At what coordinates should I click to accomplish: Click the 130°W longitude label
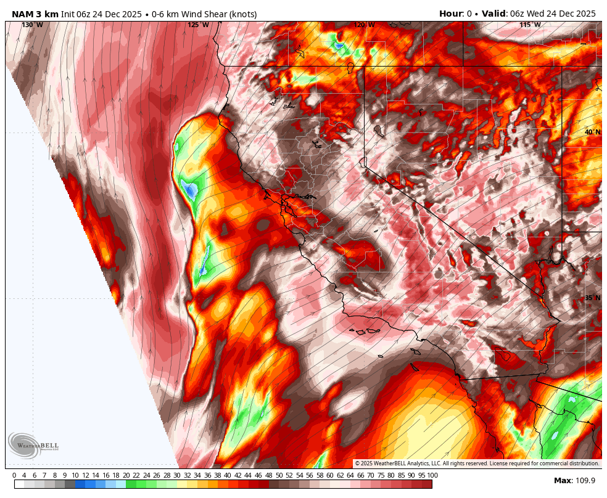pos(32,25)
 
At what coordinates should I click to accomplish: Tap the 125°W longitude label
pos(198,25)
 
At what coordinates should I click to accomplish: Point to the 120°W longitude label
pos(364,25)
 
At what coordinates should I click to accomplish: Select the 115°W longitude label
pos(530,25)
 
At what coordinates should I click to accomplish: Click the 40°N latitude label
pos(592,132)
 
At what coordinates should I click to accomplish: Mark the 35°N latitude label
pos(592,298)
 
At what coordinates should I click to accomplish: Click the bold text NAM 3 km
pos(35,14)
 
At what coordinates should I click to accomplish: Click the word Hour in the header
pos(451,14)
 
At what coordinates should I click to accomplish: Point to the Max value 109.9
pos(584,481)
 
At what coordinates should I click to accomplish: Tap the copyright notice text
pos(476,463)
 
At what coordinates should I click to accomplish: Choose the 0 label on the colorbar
pos(14,475)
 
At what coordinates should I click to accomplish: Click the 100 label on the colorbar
pos(432,475)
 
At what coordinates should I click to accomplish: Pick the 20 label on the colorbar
pos(126,475)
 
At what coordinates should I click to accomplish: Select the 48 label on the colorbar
pos(269,475)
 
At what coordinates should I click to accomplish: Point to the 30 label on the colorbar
pos(177,475)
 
